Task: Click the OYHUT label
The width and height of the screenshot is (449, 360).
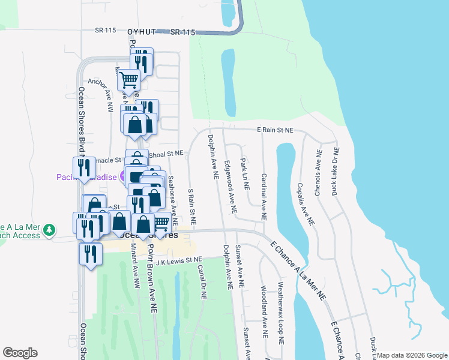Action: point(140,32)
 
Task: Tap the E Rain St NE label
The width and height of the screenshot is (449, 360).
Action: point(275,130)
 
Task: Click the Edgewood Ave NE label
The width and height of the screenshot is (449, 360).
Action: point(231,187)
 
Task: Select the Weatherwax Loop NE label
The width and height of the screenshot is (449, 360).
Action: point(279,312)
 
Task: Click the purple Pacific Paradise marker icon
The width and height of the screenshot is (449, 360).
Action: point(123,176)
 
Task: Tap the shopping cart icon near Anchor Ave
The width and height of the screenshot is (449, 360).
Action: point(128,79)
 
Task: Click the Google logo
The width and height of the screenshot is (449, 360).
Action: point(20,353)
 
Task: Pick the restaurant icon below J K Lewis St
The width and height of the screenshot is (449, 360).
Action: point(90,253)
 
